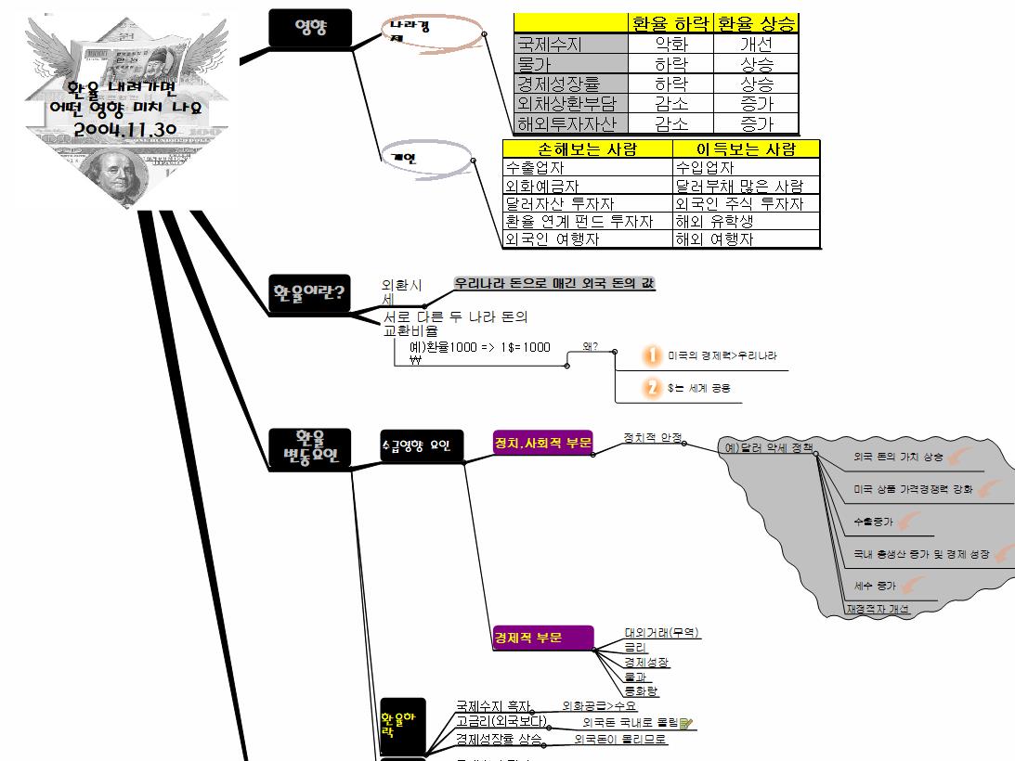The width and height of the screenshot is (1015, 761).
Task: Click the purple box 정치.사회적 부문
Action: coord(543,443)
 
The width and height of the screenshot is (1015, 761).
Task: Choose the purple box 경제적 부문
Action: coord(540,638)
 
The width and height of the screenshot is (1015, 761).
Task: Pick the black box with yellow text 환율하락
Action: coord(402,725)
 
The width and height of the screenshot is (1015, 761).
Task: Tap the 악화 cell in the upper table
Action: coord(670,45)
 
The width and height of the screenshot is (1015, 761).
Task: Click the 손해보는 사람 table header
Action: coord(587,149)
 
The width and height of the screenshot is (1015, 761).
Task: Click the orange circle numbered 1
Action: coord(653,355)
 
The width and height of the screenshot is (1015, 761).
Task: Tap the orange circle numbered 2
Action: coord(653,388)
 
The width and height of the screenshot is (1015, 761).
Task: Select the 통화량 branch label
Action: coord(642,691)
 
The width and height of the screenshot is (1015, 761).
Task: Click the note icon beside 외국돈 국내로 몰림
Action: coord(686,723)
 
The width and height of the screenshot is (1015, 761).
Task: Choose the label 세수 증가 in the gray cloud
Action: coord(875,586)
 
